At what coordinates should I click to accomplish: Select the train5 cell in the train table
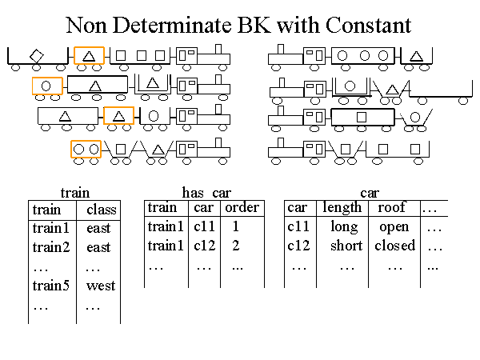(x=52, y=286)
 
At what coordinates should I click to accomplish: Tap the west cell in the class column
(x=101, y=286)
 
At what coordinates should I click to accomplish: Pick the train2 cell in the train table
(x=52, y=247)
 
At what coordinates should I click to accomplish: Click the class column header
(x=102, y=210)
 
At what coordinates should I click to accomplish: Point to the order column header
(x=242, y=208)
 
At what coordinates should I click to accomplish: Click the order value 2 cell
(x=236, y=246)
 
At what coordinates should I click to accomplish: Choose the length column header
(x=342, y=208)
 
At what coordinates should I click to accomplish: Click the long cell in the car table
(x=345, y=227)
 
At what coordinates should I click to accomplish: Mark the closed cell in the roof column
(x=394, y=246)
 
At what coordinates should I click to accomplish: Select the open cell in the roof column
(x=394, y=227)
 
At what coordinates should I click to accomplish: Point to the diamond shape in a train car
(x=36, y=56)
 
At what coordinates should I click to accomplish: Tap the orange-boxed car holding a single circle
(x=47, y=86)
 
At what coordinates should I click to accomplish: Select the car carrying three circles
(x=364, y=56)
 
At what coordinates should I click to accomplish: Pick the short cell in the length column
(x=346, y=246)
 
